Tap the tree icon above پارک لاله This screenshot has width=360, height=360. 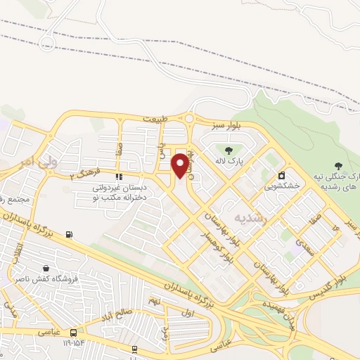[x=229, y=149]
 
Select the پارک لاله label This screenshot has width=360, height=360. [x=229, y=160]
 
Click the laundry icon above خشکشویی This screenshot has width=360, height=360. [x=282, y=175]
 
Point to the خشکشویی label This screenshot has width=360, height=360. [x=282, y=186]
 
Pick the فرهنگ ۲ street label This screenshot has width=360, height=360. [x=86, y=174]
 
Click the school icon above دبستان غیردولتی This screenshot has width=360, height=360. [x=119, y=176]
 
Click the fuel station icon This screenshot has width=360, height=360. [x=68, y=234]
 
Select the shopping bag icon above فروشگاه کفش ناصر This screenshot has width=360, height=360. [x=46, y=268]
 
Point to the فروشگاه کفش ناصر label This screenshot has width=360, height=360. [x=46, y=279]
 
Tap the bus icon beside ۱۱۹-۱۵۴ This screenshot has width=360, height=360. [x=73, y=332]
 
